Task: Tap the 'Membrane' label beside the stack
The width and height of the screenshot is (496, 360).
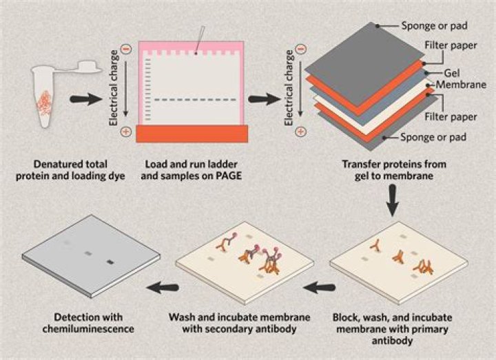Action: (x=457, y=84)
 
